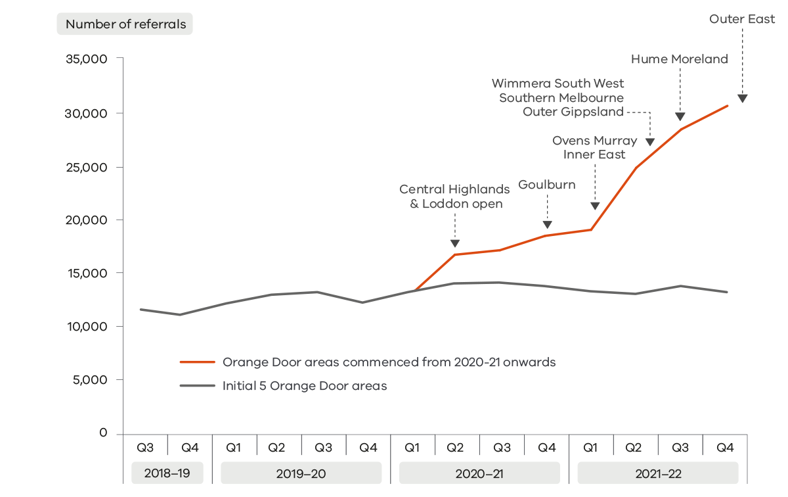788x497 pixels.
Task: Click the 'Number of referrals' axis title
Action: point(125,24)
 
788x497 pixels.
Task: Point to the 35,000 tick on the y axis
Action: point(86,59)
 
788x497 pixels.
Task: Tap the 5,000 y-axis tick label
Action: point(89,380)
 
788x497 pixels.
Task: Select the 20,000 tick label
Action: point(86,220)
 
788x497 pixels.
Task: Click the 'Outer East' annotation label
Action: point(742,19)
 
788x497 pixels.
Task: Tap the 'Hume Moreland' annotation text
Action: point(680,59)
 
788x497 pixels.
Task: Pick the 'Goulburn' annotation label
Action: point(547,185)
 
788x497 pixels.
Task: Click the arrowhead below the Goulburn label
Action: point(547,225)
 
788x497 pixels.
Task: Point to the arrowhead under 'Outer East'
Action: point(742,99)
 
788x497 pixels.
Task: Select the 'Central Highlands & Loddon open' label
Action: point(454,197)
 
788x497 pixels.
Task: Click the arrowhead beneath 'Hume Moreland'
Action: point(680,117)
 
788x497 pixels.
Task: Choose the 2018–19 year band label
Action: point(167,473)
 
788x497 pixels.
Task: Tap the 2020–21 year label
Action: point(479,473)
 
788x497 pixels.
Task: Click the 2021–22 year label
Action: point(658,473)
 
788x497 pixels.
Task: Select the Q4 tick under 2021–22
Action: point(725,448)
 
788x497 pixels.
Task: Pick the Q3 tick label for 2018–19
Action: point(145,448)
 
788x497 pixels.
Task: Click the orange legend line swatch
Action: point(198,362)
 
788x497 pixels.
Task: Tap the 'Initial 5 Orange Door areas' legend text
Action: point(305,386)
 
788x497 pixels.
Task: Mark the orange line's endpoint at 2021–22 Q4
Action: point(728,106)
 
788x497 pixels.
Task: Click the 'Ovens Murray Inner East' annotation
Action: point(594,148)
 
